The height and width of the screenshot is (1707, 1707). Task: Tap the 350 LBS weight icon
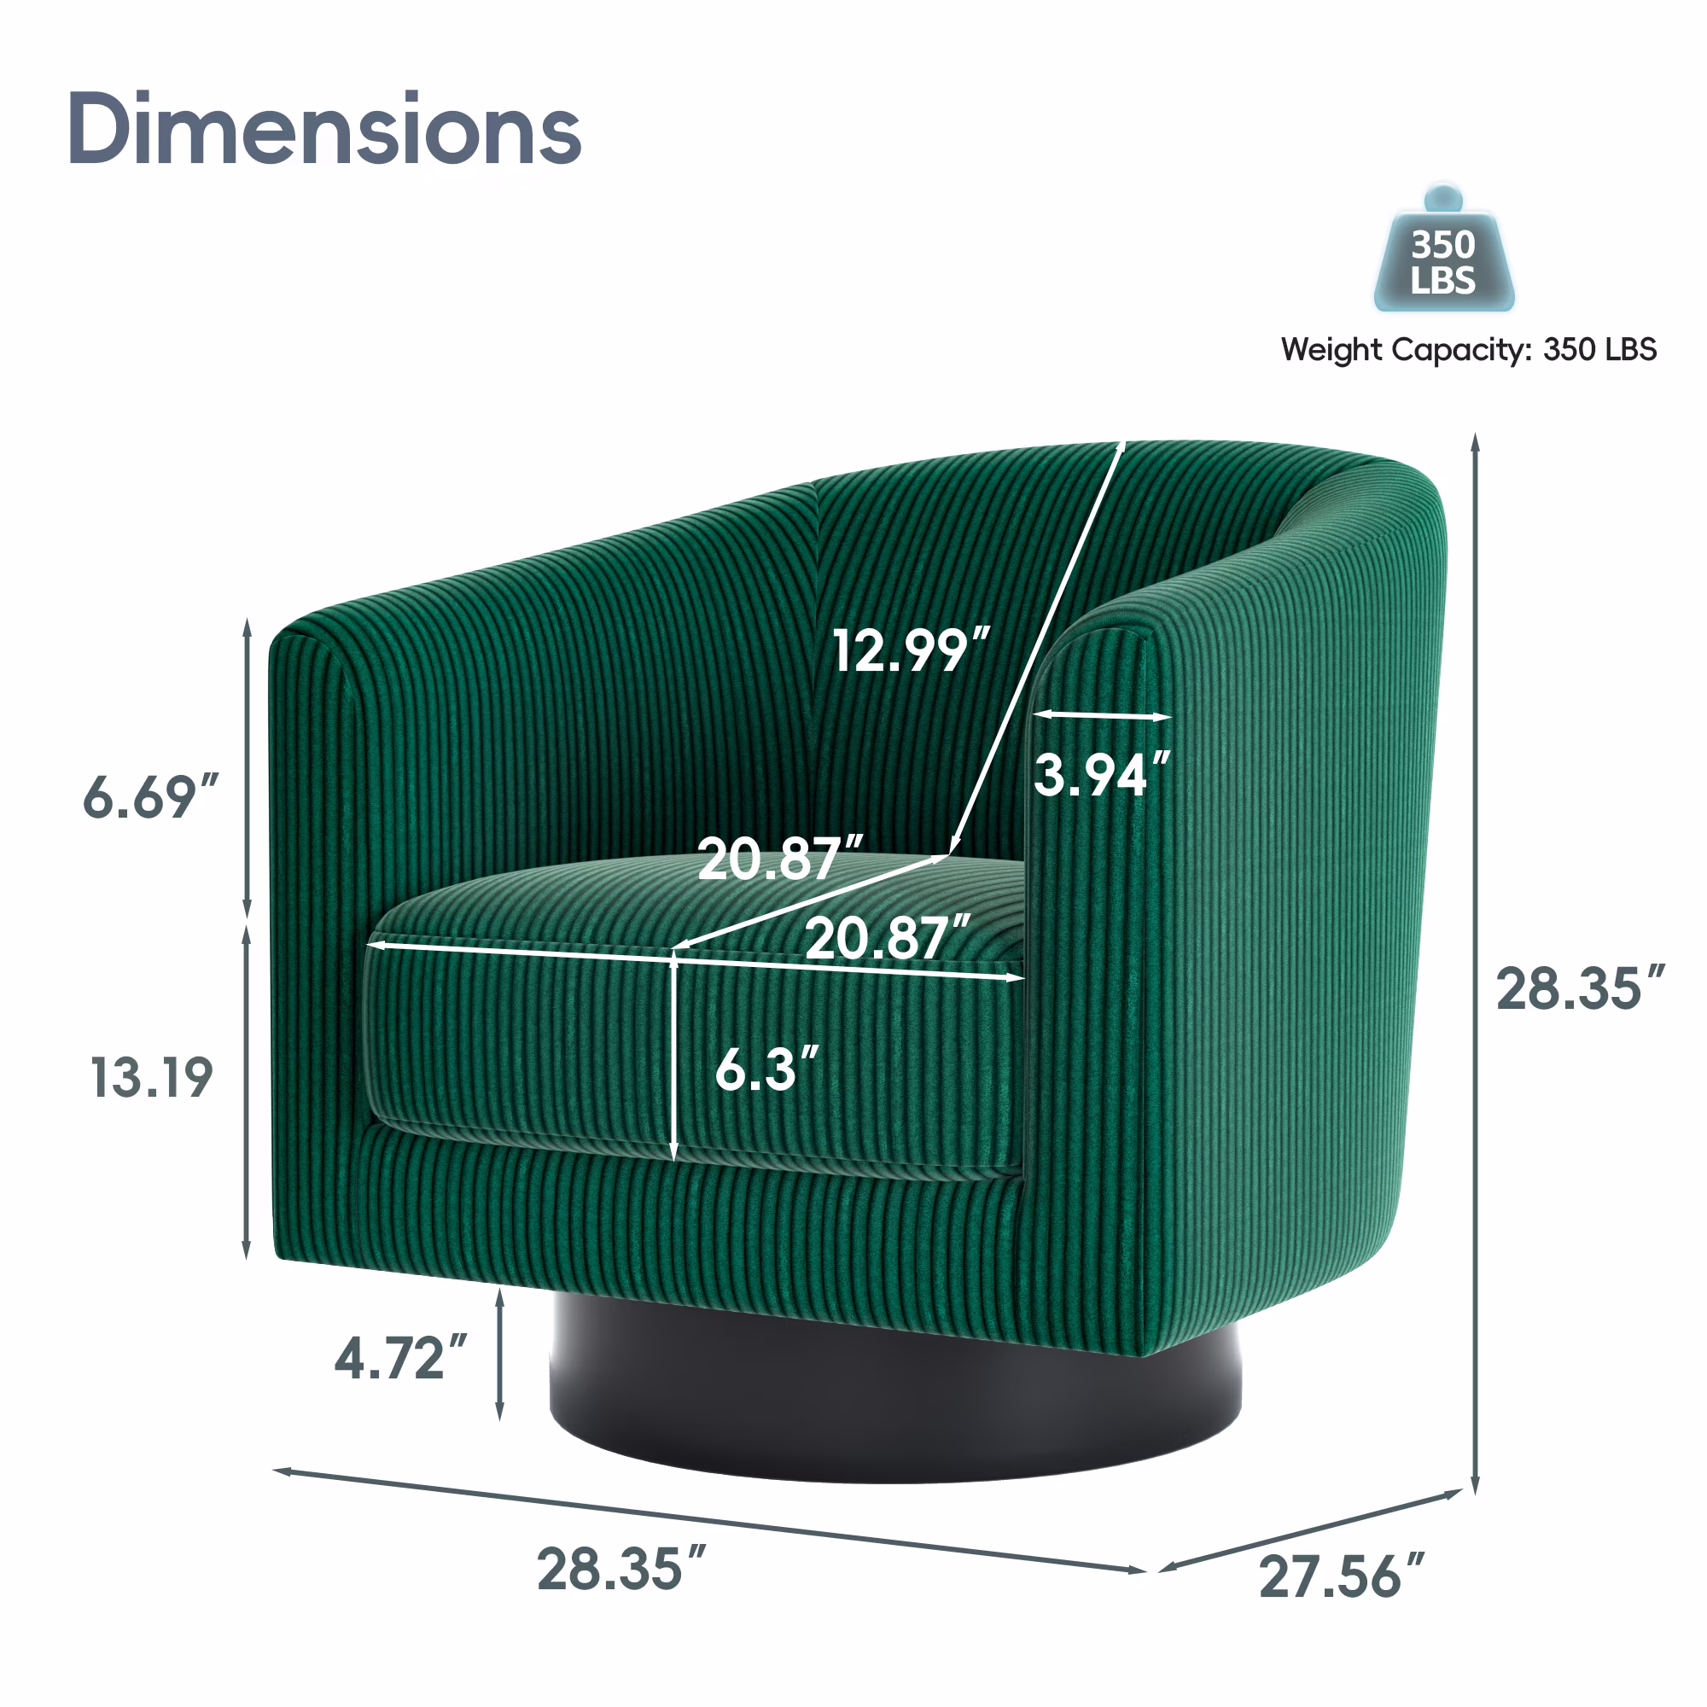1444,249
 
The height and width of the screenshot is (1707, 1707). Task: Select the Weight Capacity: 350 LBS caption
1468,349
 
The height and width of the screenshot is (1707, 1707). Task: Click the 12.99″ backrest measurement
911,650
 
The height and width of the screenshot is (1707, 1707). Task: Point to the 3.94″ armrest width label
1102,774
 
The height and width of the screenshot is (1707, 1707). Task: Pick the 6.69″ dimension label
150,796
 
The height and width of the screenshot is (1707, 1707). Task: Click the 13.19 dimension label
151,1077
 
